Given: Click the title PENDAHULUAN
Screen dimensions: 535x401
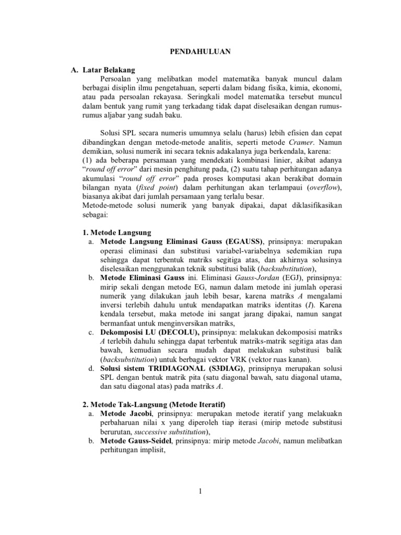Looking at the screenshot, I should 201,52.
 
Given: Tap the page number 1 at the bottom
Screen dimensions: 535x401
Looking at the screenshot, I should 200,491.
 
